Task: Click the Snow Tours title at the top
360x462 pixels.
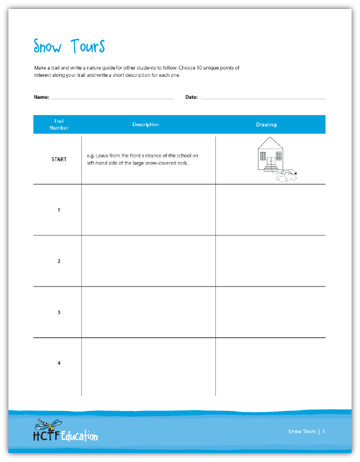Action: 69,46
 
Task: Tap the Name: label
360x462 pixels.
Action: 41,97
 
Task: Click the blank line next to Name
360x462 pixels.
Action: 112,98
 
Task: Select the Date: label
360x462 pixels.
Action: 191,97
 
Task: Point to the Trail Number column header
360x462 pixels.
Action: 59,124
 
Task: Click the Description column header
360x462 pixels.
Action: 146,124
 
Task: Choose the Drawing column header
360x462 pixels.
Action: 266,124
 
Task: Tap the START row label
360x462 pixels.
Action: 59,159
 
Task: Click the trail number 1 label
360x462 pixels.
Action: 59,210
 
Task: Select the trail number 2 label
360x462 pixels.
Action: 59,261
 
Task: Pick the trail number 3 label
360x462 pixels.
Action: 59,312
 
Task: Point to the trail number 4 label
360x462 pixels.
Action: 59,363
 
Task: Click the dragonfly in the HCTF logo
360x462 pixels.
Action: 45,424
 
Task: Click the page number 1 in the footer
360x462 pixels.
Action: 324,432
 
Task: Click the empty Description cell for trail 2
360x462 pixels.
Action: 148,261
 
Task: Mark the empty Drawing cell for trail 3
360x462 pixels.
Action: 270,312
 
